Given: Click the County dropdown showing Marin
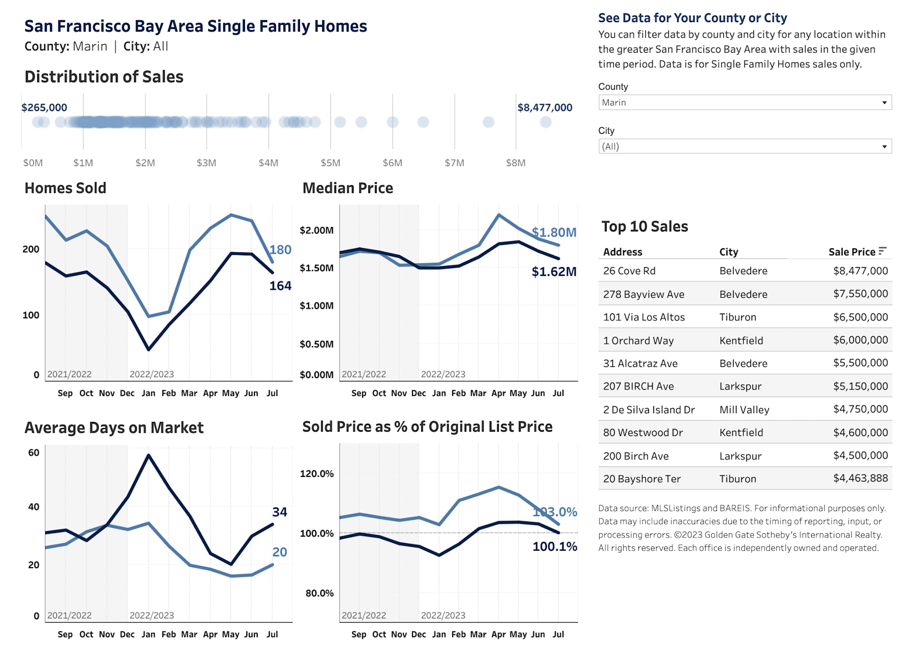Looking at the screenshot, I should tap(745, 103).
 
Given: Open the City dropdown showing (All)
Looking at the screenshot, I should tap(745, 146).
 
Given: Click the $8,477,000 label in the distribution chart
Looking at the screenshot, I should tap(545, 108).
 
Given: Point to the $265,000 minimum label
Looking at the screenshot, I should tap(44, 108).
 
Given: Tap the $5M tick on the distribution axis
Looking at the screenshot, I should tap(330, 163).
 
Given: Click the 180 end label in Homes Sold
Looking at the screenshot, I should tap(280, 250).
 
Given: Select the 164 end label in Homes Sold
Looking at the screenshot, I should tap(280, 286).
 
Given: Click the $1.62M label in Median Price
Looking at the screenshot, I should tap(554, 272).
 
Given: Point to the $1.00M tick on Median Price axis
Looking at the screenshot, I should tap(317, 306).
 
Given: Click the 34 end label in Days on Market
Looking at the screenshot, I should tap(279, 512).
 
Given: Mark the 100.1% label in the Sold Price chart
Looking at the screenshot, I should tap(554, 546).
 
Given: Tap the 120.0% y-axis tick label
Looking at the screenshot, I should tap(317, 474).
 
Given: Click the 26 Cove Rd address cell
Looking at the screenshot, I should tap(629, 271).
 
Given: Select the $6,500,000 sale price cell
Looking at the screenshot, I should tap(860, 317).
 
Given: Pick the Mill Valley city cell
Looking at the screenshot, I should tap(744, 410).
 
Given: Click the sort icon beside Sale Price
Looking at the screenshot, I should tap(882, 251).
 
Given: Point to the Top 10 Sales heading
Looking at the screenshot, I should tap(644, 227).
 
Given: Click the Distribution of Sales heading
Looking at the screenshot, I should tap(104, 77).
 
